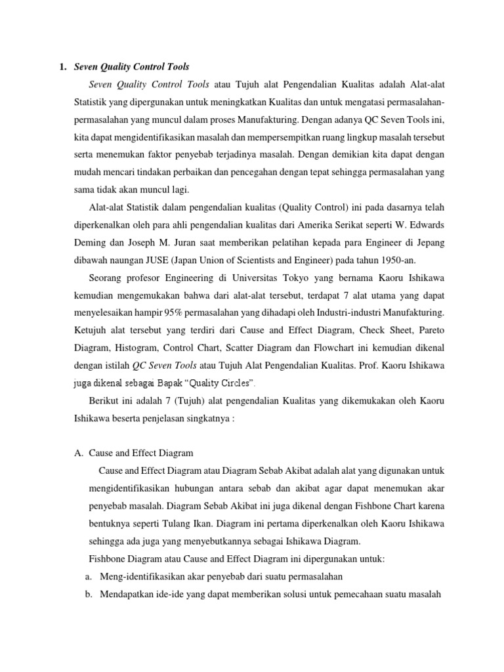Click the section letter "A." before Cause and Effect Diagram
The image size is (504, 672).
pyautogui.click(x=79, y=453)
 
